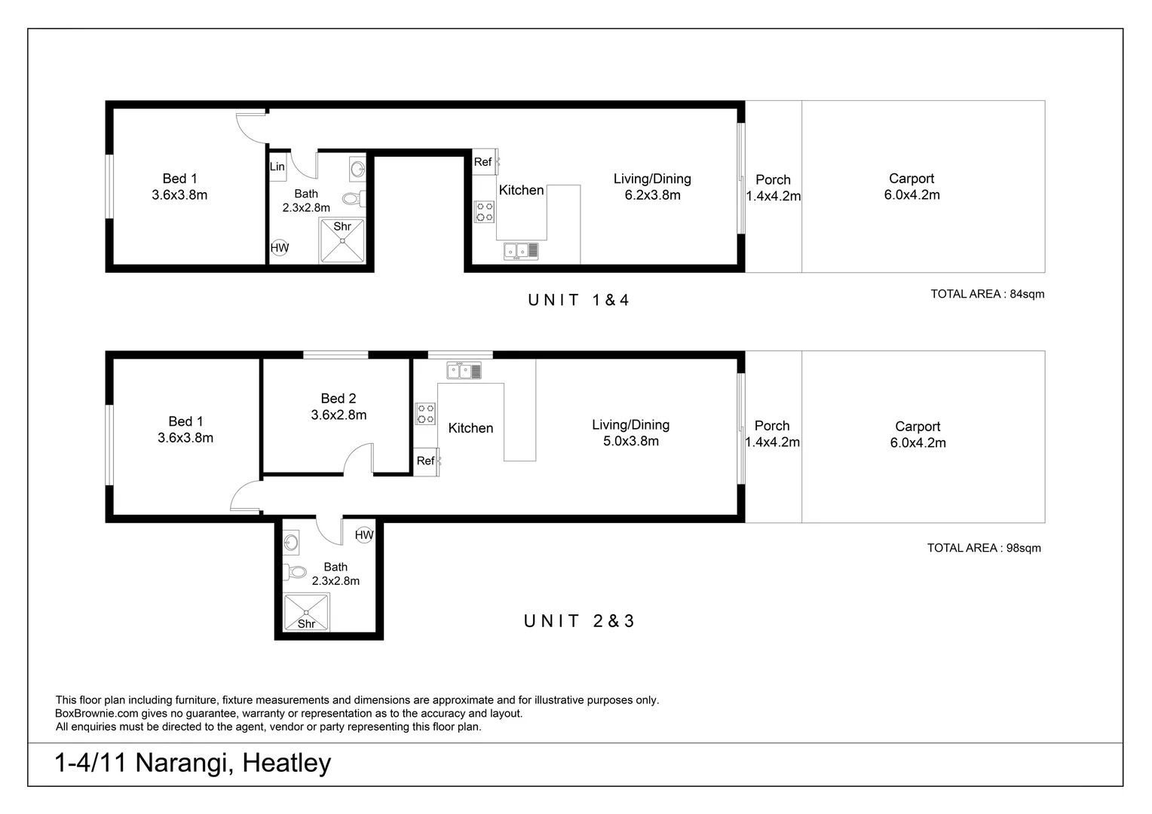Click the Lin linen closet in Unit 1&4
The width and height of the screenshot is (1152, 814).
pos(277,167)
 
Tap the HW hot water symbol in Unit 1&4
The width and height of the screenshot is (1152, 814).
pos(280,247)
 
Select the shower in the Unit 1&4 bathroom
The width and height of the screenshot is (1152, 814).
pos(342,240)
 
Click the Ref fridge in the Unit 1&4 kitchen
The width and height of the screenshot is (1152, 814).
pos(484,162)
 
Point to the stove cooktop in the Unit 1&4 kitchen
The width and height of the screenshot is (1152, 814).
pos(485,212)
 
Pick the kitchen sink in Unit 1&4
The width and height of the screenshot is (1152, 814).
pos(521,251)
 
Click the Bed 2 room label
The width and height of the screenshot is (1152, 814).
pos(338,399)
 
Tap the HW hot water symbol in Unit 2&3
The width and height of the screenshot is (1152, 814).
pos(364,535)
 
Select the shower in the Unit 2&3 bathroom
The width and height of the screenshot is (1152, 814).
pos(306,613)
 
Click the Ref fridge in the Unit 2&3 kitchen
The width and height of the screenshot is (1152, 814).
pos(426,461)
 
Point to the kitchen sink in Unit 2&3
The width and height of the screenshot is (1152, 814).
pos(464,370)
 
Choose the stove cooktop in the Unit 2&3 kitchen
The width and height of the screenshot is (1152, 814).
pos(425,414)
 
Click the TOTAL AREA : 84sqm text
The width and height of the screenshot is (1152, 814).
pos(987,294)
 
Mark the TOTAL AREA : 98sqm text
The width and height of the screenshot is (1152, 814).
pos(984,548)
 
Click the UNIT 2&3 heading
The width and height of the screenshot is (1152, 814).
pos(579,621)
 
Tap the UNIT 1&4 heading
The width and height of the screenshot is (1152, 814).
pos(578,300)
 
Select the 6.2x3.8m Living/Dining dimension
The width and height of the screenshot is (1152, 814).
pos(652,195)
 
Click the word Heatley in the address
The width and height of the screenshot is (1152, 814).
pos(286,763)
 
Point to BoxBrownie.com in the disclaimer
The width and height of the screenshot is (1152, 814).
pos(97,714)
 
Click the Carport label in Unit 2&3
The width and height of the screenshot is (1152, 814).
pos(918,427)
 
